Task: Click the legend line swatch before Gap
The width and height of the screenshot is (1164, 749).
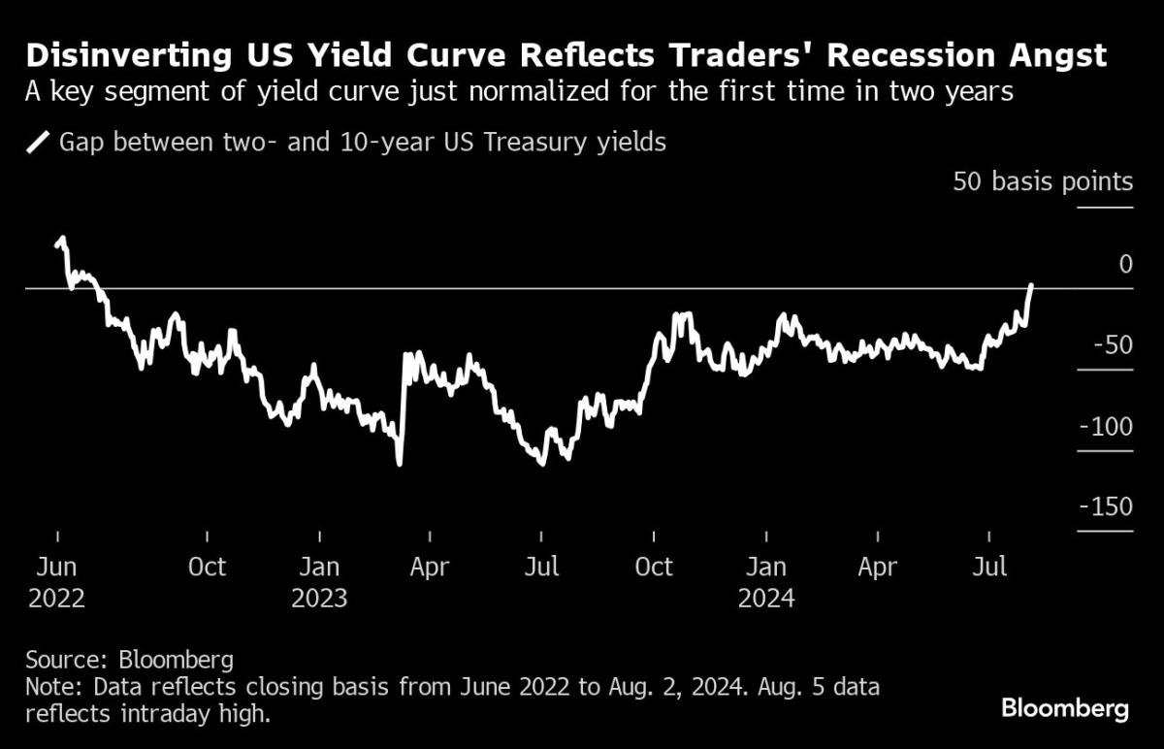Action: click(39, 144)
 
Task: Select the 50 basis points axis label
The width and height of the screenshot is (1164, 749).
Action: click(1042, 181)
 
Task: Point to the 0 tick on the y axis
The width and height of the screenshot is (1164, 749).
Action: click(1125, 264)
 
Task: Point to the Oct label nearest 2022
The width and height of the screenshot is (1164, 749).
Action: click(207, 568)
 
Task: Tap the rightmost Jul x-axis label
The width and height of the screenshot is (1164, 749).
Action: click(989, 568)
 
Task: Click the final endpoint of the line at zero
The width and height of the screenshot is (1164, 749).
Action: click(1031, 285)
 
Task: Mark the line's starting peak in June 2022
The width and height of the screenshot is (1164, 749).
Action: click(62, 238)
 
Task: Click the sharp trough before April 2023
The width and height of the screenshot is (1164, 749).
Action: click(400, 464)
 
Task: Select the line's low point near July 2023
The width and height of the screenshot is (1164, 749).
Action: click(541, 463)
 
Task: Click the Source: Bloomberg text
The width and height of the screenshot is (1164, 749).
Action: click(129, 661)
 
